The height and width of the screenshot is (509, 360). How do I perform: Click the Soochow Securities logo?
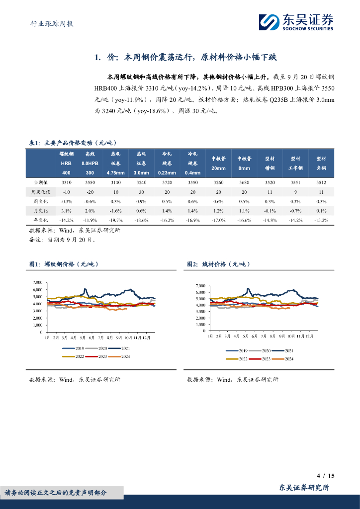coord(295,22)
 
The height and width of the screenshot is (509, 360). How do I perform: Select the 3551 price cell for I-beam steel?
coord(295,183)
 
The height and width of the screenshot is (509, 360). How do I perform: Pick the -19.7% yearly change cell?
coord(115,220)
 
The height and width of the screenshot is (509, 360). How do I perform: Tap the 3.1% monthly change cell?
coord(66,210)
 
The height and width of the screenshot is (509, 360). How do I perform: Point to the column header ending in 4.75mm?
coord(115,164)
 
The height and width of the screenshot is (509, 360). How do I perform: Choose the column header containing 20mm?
coord(218,164)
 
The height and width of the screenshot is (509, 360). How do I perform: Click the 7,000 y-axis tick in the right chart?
coord(200,286)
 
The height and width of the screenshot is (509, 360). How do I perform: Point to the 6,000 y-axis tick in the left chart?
coord(37,290)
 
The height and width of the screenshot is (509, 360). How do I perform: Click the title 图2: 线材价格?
coord(219,264)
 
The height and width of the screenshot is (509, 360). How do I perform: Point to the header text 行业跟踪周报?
coord(49,23)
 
